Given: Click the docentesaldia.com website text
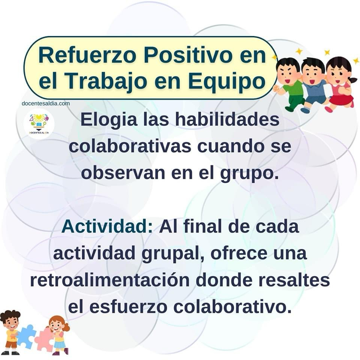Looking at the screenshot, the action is [x=46, y=103].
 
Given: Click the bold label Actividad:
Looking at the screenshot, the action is [x=107, y=226].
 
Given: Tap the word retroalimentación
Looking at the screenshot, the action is [x=110, y=280].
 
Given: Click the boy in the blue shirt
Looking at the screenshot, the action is [x=314, y=85].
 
